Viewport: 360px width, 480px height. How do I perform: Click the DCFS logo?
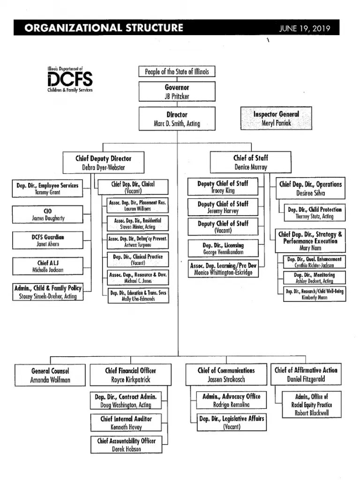tap(69, 79)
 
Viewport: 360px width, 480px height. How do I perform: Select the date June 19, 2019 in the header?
tap(305, 29)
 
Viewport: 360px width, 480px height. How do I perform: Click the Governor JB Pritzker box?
tap(177, 91)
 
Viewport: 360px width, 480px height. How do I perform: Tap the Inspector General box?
tap(276, 119)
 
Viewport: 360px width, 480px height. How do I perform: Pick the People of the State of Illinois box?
tap(177, 72)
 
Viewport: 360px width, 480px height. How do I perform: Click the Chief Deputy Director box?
tap(103, 163)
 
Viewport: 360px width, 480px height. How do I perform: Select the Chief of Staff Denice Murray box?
tap(250, 162)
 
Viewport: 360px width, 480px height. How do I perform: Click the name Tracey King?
tap(223, 191)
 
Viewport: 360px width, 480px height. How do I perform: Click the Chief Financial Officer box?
tap(130, 375)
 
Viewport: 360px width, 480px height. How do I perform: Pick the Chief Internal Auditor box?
tap(126, 422)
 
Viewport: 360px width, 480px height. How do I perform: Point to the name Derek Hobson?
tap(126, 449)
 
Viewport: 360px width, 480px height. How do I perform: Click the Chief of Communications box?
tap(226, 375)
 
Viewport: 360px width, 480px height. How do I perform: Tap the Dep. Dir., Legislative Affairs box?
tap(232, 422)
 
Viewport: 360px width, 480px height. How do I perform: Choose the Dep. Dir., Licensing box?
tap(223, 248)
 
